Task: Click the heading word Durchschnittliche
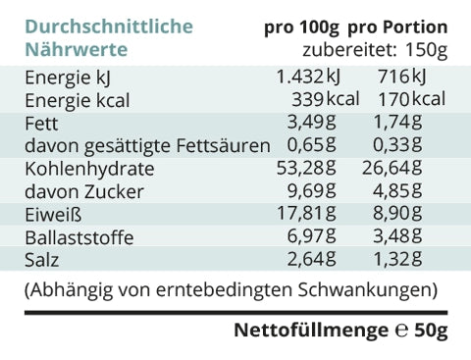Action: (109, 26)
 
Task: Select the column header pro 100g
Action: (301, 27)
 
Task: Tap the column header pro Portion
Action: (397, 27)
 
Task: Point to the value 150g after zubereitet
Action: (426, 50)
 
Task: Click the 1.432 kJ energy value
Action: (308, 77)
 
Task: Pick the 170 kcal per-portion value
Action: (412, 99)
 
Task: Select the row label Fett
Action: (41, 123)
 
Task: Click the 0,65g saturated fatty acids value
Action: (311, 144)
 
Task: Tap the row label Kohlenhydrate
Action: (89, 169)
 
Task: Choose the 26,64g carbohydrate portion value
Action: (392, 168)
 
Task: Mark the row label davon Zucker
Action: (84, 191)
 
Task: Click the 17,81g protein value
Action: (306, 213)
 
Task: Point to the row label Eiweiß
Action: (53, 215)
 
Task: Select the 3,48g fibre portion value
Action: (397, 235)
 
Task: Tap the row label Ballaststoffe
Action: (79, 237)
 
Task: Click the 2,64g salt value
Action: (311, 259)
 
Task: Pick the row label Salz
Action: (42, 260)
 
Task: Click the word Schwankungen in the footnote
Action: (365, 290)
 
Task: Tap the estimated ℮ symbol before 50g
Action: (401, 331)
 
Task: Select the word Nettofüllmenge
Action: (311, 331)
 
